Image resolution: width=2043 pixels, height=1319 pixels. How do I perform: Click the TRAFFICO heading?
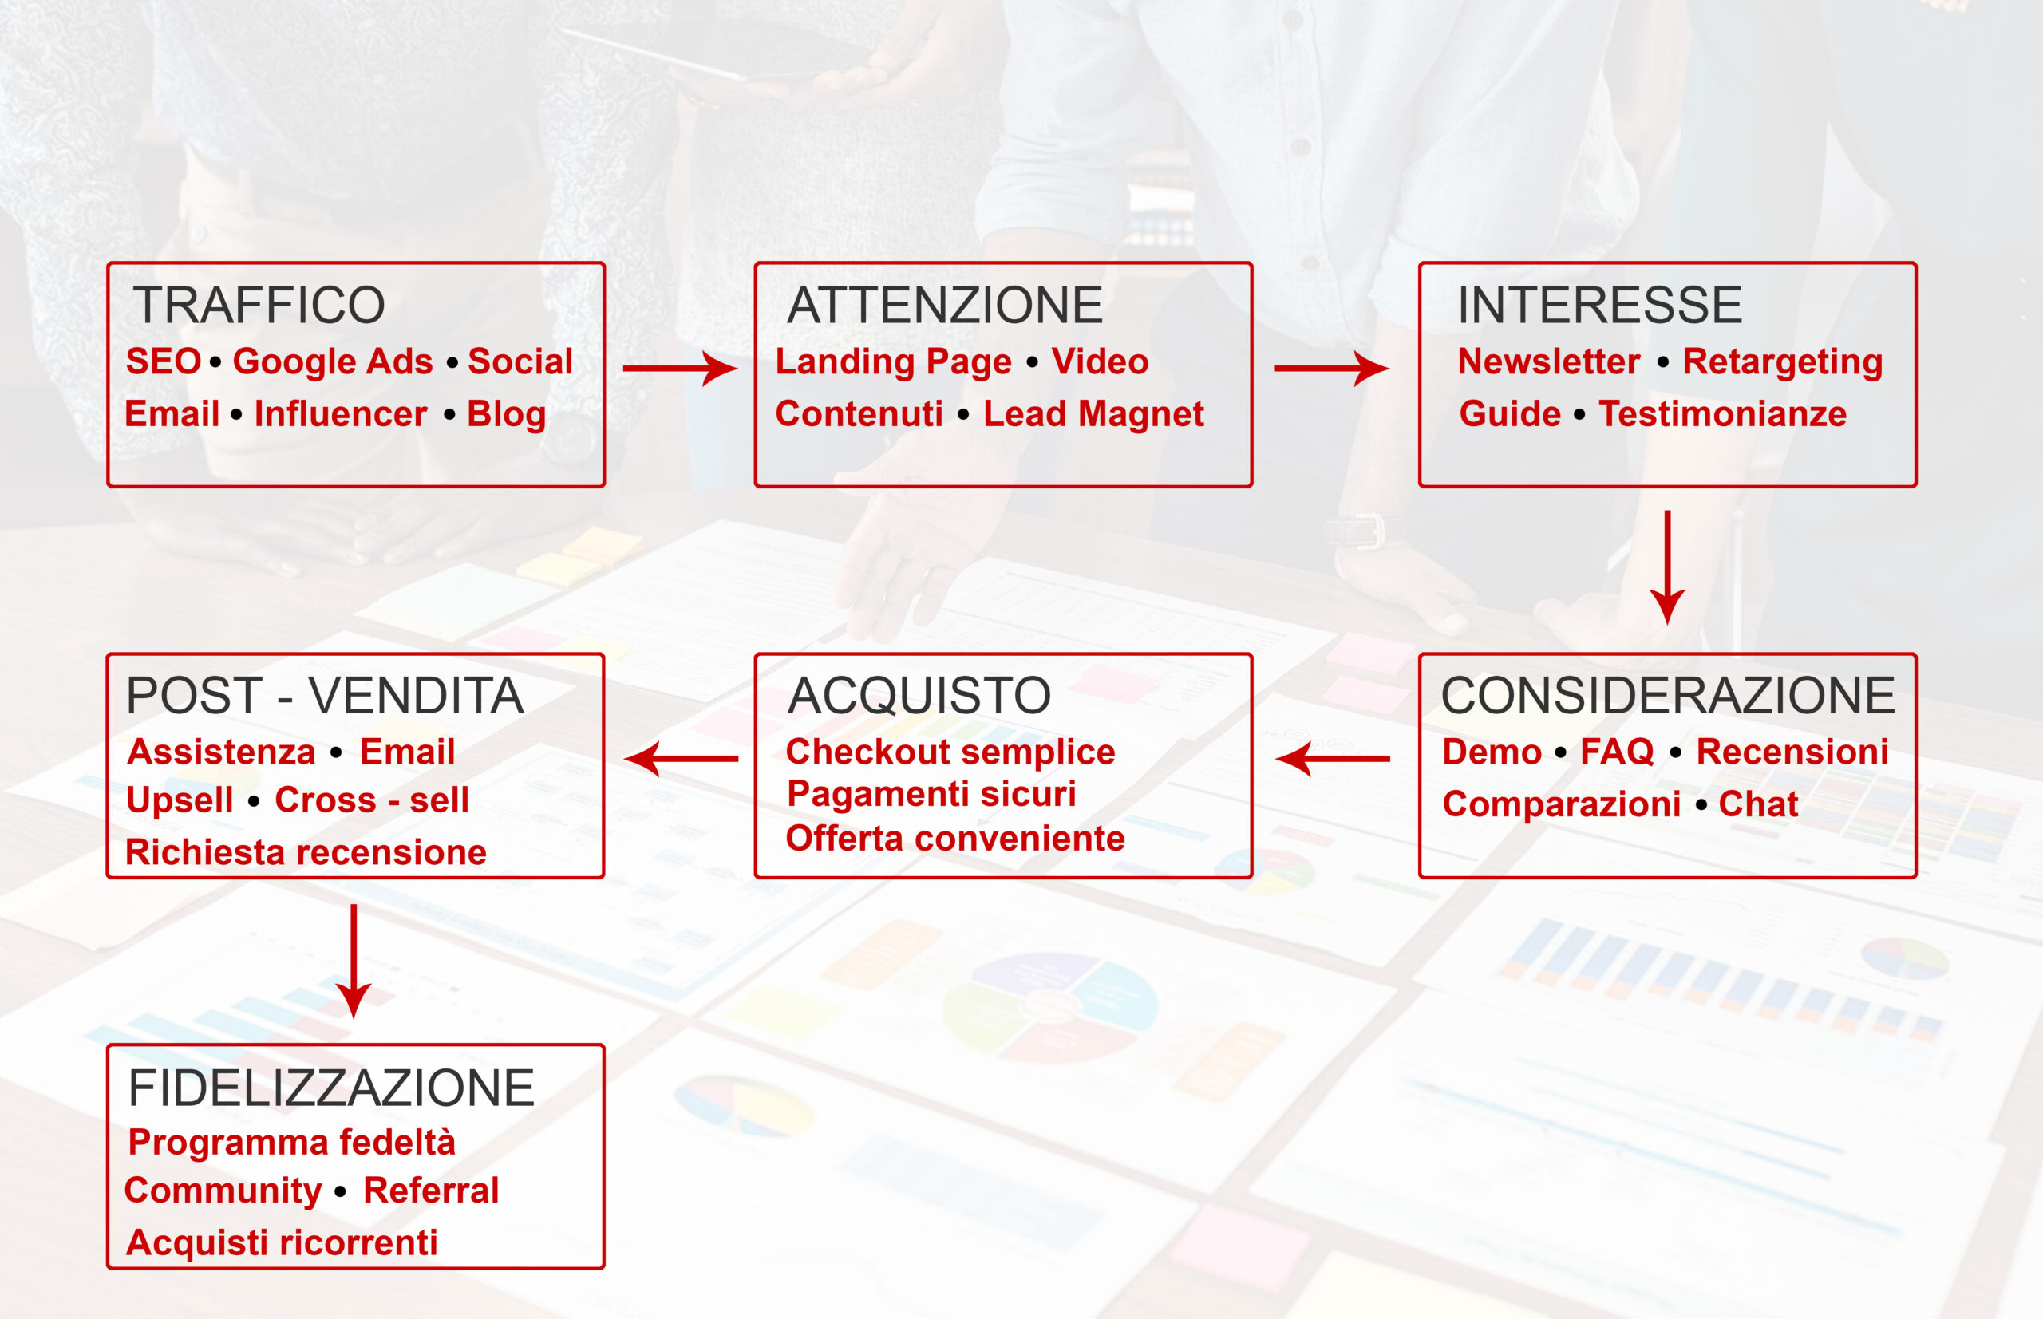click(x=259, y=305)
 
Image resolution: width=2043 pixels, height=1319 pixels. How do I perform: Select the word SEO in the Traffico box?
click(x=164, y=361)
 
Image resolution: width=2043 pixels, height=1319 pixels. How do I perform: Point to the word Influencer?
click(x=340, y=413)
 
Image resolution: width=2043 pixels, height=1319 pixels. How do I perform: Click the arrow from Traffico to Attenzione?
click(x=680, y=369)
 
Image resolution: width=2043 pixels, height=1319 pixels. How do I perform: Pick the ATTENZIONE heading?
click(x=945, y=305)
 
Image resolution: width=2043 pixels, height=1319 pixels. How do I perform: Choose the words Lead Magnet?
click(x=1093, y=413)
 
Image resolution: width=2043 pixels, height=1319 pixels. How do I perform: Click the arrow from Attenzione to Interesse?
click(x=1332, y=369)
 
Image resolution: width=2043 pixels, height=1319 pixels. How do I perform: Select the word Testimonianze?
click(x=1723, y=413)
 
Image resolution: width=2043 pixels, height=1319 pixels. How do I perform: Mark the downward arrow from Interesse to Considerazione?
click(x=1667, y=568)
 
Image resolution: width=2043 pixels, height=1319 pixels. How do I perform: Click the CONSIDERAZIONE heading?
click(x=1668, y=695)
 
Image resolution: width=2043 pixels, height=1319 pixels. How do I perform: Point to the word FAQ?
click(x=1616, y=752)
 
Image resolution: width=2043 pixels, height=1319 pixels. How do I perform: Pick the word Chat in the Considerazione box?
click(x=1759, y=804)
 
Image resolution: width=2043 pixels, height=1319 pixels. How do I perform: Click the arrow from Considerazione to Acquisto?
click(x=1333, y=759)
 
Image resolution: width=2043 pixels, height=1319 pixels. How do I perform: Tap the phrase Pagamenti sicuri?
click(x=932, y=794)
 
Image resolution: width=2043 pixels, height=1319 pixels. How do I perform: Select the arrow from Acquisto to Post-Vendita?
click(x=681, y=759)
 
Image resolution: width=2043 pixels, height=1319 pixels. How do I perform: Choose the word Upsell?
click(x=180, y=801)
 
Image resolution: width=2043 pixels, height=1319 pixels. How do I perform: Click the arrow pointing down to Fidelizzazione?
click(x=353, y=962)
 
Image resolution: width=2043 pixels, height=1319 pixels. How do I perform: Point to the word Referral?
click(x=431, y=1191)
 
